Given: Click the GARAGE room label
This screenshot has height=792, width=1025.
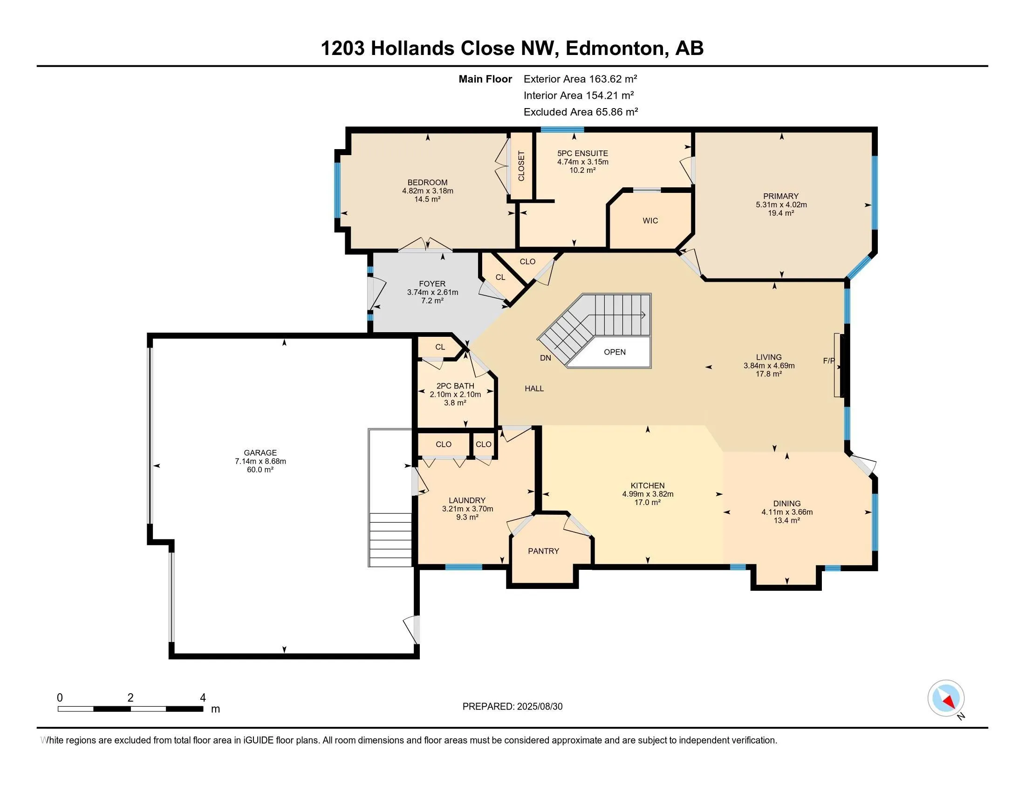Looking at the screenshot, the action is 260,453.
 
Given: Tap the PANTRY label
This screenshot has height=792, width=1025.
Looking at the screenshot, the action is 543,551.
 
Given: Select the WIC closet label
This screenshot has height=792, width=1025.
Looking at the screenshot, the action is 650,220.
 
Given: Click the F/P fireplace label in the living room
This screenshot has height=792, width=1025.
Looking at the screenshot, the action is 829,361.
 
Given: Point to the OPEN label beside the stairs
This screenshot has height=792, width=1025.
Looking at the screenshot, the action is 615,352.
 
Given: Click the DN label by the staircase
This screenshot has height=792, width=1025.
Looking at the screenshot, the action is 546,358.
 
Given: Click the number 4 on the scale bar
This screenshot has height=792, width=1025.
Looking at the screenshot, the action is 203,698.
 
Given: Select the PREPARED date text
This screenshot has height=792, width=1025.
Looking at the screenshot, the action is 512,706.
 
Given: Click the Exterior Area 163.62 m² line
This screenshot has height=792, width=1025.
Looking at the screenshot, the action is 581,79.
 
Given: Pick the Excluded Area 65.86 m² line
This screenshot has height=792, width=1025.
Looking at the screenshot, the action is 581,112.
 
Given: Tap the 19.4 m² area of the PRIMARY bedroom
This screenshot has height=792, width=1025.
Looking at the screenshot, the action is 781,213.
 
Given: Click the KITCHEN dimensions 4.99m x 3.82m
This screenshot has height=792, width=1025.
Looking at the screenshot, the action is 648,494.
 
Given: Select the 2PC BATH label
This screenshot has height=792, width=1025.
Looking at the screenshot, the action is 455,386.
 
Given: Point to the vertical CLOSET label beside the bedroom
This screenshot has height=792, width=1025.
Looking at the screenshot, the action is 521,166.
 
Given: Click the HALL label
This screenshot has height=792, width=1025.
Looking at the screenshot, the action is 534,389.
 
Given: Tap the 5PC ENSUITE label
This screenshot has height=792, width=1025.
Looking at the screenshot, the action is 582,153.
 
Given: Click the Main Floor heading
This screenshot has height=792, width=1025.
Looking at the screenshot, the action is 485,79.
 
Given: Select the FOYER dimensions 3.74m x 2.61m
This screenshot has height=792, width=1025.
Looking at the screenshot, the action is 432,292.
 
